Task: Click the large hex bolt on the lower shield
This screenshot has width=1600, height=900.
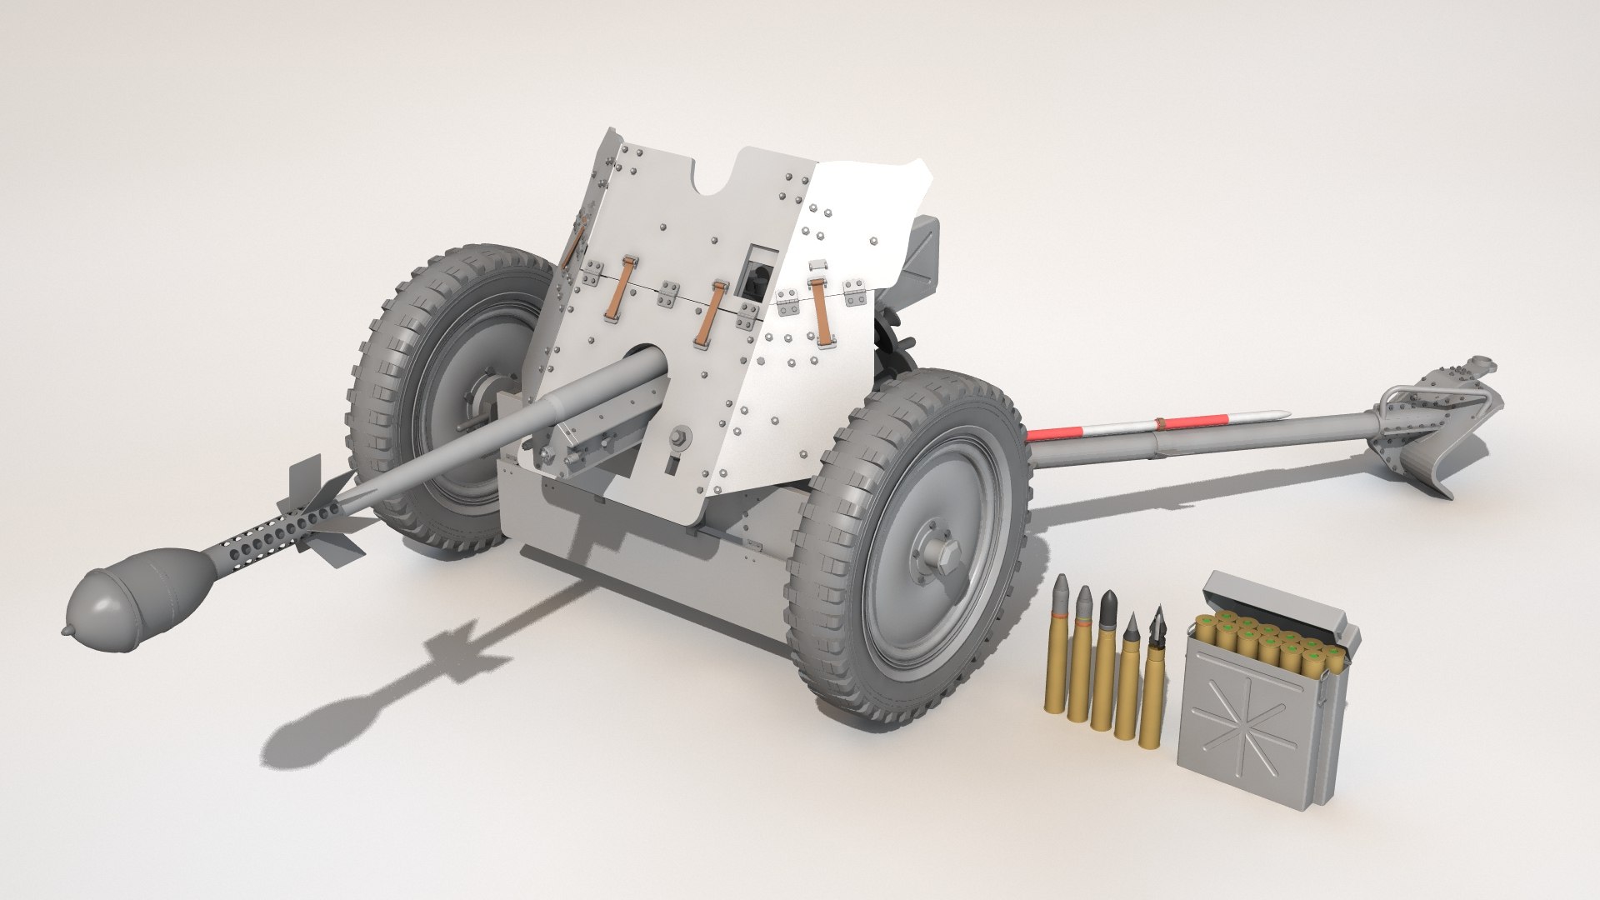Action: coord(680,437)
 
